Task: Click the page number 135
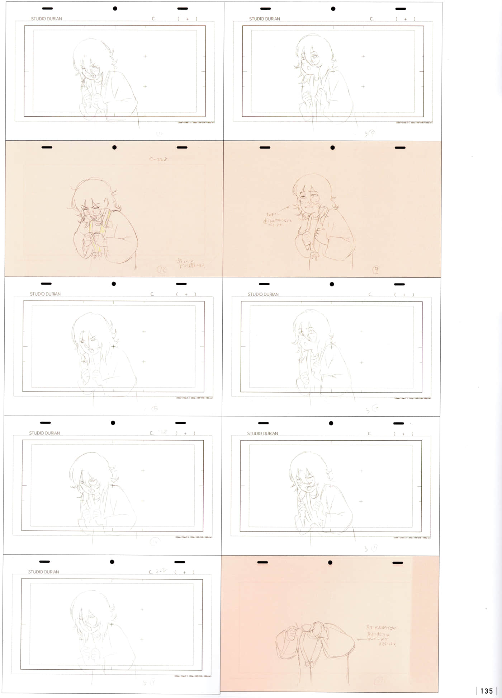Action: click(486, 691)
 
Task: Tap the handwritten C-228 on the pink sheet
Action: click(158, 159)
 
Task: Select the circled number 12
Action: click(161, 269)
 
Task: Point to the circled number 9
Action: click(375, 270)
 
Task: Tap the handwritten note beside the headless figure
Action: click(381, 636)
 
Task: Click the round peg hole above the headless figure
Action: click(330, 562)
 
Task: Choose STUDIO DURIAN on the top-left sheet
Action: click(46, 19)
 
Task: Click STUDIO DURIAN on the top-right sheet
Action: click(264, 19)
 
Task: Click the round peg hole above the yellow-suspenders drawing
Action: click(114, 147)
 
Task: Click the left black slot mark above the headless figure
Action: click(262, 562)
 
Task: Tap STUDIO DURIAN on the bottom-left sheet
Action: click(43, 572)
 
